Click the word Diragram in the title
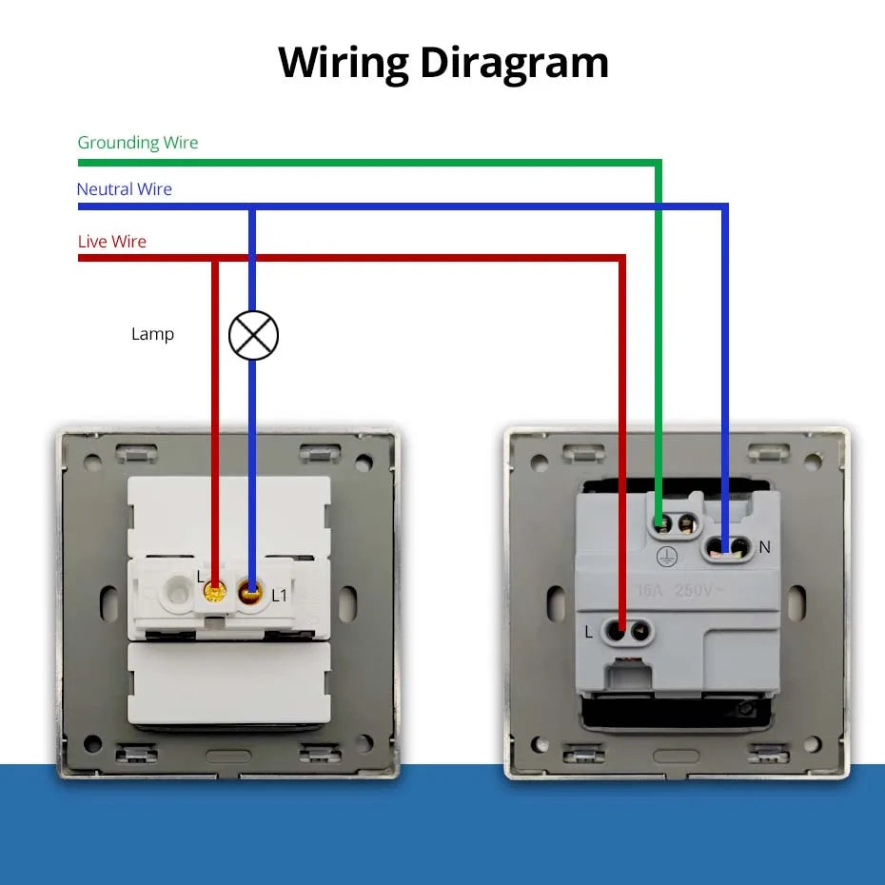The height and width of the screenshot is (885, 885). [x=514, y=63]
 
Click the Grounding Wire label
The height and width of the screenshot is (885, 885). [x=138, y=143]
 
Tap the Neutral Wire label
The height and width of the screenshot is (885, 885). [x=125, y=189]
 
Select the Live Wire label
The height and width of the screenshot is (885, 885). [x=112, y=242]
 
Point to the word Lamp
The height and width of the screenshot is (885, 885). [x=152, y=334]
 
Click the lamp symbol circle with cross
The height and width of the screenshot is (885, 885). [x=253, y=335]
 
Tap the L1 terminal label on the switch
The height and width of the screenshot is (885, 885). [x=279, y=596]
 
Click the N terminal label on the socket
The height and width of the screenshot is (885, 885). [x=764, y=547]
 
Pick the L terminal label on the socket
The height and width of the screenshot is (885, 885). [x=589, y=631]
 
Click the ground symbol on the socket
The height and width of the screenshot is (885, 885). [x=667, y=555]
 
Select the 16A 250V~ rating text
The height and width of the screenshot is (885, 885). [x=681, y=591]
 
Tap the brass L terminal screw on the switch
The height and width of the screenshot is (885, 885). [x=215, y=594]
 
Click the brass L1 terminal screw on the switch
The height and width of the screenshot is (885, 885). [x=252, y=594]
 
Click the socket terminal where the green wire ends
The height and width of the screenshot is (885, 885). [x=660, y=521]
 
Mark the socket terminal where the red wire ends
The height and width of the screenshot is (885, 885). [x=620, y=630]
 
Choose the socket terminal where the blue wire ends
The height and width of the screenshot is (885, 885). [x=725, y=546]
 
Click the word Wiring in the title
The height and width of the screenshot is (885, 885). [x=343, y=63]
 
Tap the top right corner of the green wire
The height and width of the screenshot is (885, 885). [x=659, y=164]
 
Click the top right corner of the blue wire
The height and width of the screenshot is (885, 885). [x=725, y=206]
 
